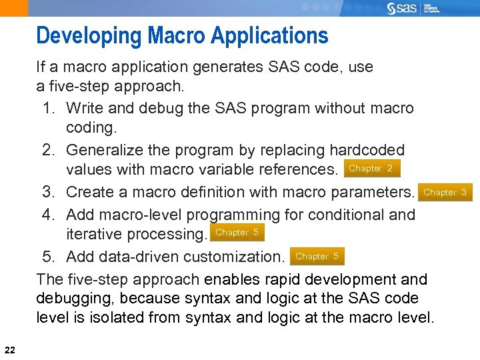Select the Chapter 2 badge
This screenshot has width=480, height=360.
pyautogui.click(x=371, y=169)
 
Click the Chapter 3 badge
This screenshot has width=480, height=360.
pyautogui.click(x=445, y=192)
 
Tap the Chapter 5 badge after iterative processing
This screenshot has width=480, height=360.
pyautogui.click(x=237, y=233)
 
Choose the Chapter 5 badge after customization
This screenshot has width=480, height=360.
pyautogui.click(x=317, y=256)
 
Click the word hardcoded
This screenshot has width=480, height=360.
pyautogui.click(x=367, y=150)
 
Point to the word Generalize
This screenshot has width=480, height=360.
pyautogui.click(x=109, y=150)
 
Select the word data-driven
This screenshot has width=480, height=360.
pyautogui.click(x=127, y=257)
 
